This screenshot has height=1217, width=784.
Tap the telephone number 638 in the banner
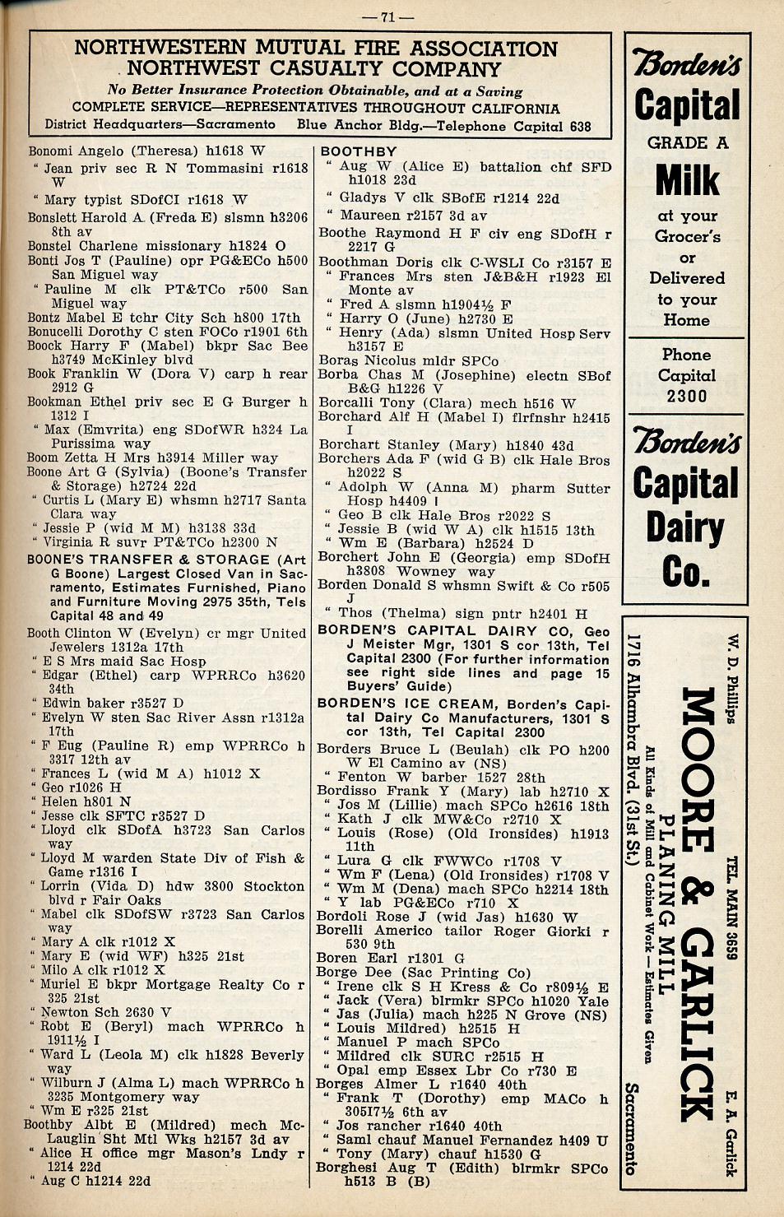point(580,126)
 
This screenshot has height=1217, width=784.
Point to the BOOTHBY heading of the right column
point(358,151)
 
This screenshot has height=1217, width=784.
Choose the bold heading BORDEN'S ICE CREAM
point(406,704)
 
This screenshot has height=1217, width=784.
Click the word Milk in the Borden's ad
point(687,181)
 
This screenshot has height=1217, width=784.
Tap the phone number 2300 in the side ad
point(687,396)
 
